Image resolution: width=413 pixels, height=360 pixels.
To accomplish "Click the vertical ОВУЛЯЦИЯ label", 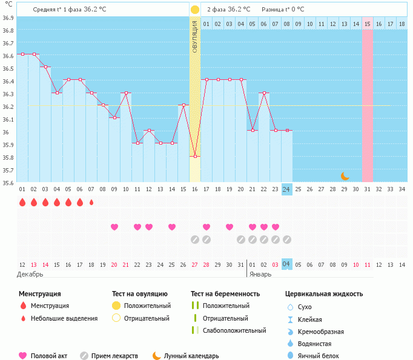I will tap(195, 37).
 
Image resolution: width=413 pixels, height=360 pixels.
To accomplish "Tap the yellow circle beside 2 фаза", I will tap(195, 10).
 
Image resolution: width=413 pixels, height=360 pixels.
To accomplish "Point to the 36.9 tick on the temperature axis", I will tap(8, 18).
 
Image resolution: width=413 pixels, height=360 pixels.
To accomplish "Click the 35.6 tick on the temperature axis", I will tap(8, 182).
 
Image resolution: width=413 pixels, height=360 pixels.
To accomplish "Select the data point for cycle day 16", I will tap(195, 156).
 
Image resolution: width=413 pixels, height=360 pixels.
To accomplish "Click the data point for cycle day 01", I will tap(22, 54).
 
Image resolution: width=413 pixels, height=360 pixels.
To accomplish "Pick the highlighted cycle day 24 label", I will tap(286, 189).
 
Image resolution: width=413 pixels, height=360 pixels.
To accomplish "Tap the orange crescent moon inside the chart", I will tap(345, 176).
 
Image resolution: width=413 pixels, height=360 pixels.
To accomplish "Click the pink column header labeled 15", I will tap(368, 24).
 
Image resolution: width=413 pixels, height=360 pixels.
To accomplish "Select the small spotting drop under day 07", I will tap(91, 202).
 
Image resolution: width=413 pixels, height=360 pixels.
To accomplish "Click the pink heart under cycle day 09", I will tap(114, 227).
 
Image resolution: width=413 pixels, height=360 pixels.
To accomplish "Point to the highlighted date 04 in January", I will tap(286, 264).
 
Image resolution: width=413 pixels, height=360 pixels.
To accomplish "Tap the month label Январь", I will tap(260, 273).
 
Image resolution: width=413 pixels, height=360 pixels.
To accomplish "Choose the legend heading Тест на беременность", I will tap(225, 294).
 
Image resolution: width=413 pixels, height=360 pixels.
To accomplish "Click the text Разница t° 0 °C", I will tap(283, 10).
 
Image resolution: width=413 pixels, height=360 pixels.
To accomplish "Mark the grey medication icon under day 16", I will tap(195, 240).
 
